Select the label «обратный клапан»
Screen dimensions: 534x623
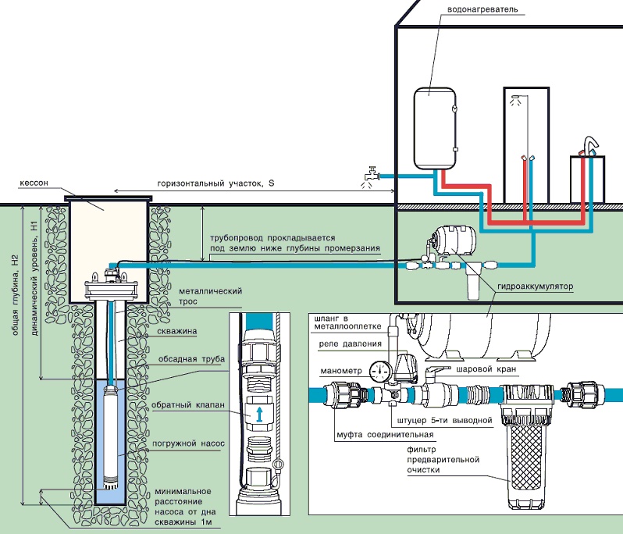tap(195, 406)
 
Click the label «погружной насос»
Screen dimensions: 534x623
tap(194, 443)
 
